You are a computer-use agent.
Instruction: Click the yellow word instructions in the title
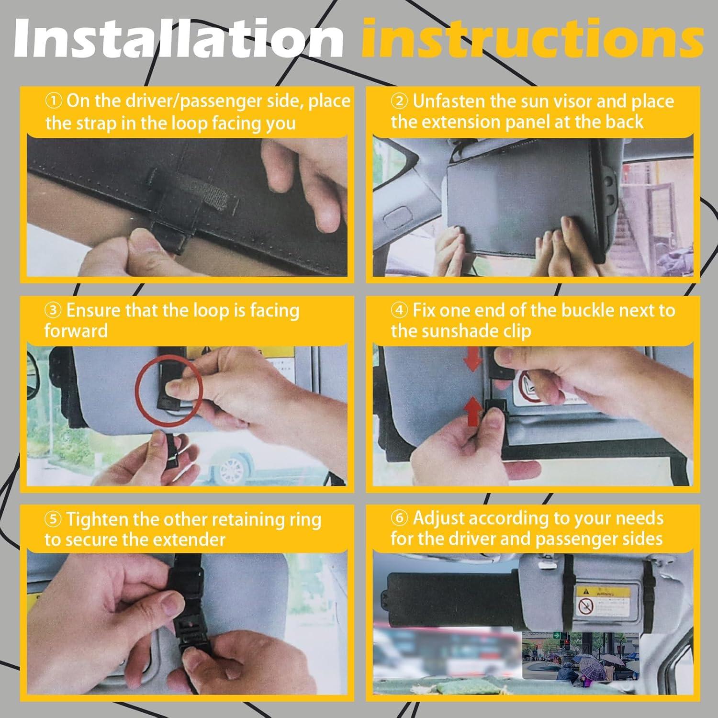click(x=532, y=39)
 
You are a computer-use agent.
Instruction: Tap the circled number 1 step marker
click(x=54, y=101)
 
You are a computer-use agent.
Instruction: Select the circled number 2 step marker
click(x=400, y=101)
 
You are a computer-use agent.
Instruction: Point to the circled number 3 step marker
click(x=54, y=311)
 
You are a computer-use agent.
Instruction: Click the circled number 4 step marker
click(x=400, y=311)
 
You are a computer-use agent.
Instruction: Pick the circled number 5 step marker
click(x=54, y=519)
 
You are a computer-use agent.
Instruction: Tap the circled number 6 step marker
click(x=400, y=518)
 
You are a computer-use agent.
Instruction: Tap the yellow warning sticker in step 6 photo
click(x=602, y=601)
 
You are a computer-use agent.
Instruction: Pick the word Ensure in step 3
click(x=93, y=311)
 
